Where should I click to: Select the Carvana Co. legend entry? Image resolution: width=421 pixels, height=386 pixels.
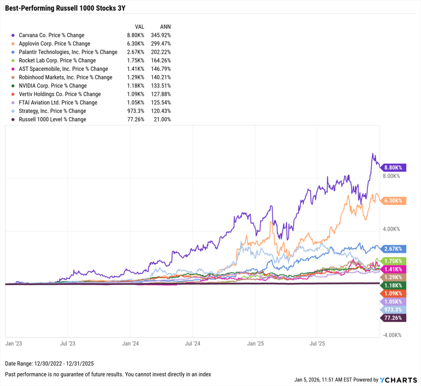(x=51, y=35)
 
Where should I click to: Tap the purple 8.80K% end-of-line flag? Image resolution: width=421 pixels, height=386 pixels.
(x=393, y=168)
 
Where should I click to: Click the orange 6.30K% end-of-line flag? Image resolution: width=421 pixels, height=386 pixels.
(x=393, y=201)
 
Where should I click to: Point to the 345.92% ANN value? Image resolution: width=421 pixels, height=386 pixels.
(x=161, y=35)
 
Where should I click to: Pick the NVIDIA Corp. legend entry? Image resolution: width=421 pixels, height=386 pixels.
(x=53, y=86)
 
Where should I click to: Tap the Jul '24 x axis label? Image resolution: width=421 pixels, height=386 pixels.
(x=192, y=342)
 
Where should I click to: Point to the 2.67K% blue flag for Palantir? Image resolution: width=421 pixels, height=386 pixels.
(x=393, y=249)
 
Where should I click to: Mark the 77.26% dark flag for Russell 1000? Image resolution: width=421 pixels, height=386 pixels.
(x=393, y=318)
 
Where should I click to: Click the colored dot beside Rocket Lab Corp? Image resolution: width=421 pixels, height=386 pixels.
(x=14, y=60)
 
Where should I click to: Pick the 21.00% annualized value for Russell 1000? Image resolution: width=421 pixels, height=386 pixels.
(x=162, y=119)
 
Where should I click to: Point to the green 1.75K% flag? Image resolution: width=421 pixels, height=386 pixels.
(x=394, y=261)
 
